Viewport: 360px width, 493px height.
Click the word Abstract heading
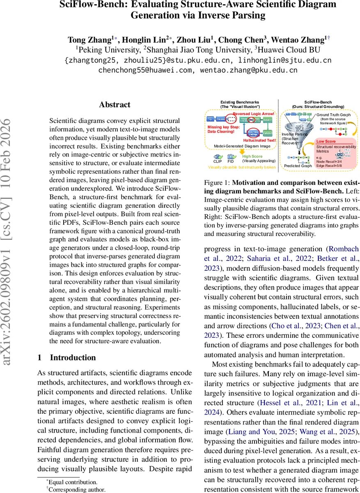pos(115,105)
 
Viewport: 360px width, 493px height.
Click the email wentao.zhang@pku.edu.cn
pos(249,70)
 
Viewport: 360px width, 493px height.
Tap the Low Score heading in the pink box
pos(326,141)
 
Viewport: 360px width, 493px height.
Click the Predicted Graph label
pos(298,166)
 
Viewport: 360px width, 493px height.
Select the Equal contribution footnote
pos(72,482)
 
